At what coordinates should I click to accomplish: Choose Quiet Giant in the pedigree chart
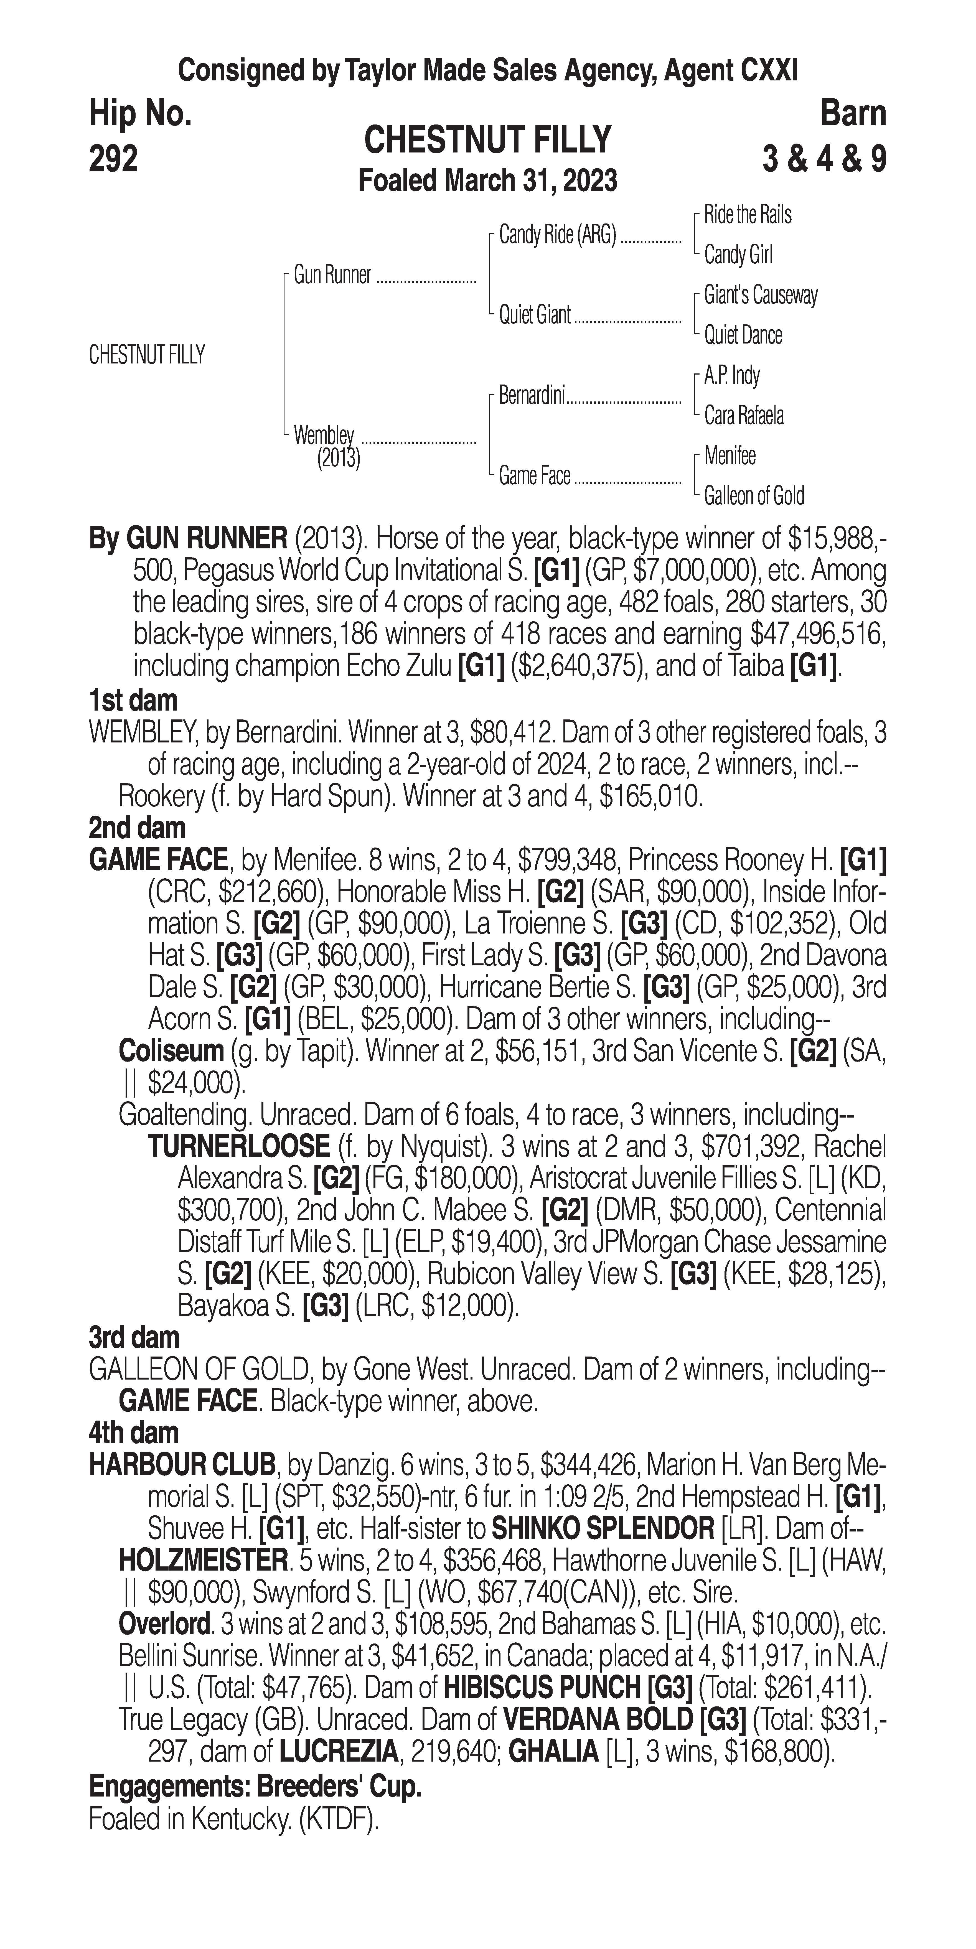(x=534, y=315)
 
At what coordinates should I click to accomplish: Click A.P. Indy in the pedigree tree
(x=732, y=375)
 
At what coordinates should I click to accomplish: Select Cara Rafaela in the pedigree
(x=744, y=415)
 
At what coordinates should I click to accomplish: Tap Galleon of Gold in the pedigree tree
(x=754, y=496)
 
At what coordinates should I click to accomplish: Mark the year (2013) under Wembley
(x=338, y=459)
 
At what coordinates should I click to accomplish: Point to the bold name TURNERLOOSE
(x=238, y=1146)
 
